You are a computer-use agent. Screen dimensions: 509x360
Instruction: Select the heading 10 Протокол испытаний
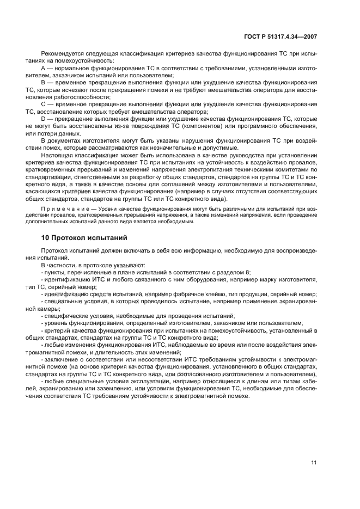click(x=84, y=237)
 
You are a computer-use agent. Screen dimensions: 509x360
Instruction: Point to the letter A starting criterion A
click(x=43, y=69)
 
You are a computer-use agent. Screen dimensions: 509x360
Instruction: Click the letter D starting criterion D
click(x=44, y=119)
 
